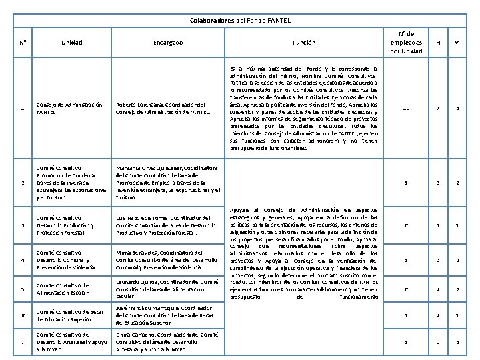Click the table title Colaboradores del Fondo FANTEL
240,21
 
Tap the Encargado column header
167,43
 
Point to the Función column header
303,43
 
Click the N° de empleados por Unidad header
406,43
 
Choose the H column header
438,43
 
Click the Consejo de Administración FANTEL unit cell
70,109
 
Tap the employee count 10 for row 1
406,109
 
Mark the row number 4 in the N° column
23,260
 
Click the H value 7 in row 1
438,109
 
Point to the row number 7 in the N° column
23,341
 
